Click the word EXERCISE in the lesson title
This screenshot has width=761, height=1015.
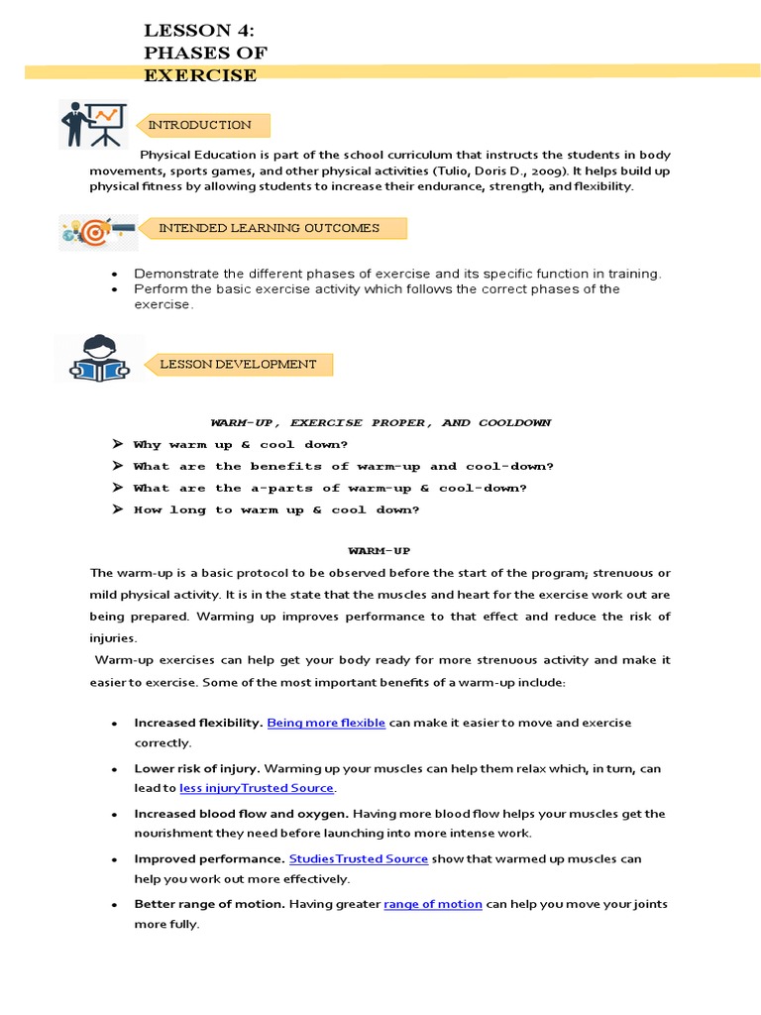(x=200, y=75)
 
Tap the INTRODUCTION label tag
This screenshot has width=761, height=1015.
(x=200, y=125)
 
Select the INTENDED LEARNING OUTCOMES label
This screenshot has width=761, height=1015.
(x=269, y=228)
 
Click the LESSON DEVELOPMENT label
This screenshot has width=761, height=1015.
(x=238, y=364)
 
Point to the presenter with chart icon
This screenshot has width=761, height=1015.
(x=92, y=124)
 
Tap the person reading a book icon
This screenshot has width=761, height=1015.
(x=98, y=359)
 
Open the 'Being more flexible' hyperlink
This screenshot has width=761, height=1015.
(x=326, y=723)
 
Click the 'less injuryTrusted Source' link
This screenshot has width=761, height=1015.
(x=257, y=788)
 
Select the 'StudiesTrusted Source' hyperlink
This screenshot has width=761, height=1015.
(x=358, y=858)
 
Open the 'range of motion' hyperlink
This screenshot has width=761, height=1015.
(x=432, y=904)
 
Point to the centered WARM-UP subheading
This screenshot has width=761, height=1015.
(x=379, y=550)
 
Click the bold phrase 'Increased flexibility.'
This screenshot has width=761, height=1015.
(x=198, y=723)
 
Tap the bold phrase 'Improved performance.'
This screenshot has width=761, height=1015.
(x=209, y=858)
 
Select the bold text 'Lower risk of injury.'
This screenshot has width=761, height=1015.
(x=197, y=768)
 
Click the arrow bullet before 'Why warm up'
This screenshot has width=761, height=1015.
(x=117, y=444)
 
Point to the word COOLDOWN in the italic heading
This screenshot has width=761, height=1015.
(x=514, y=422)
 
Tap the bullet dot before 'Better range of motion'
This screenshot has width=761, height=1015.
(x=116, y=905)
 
